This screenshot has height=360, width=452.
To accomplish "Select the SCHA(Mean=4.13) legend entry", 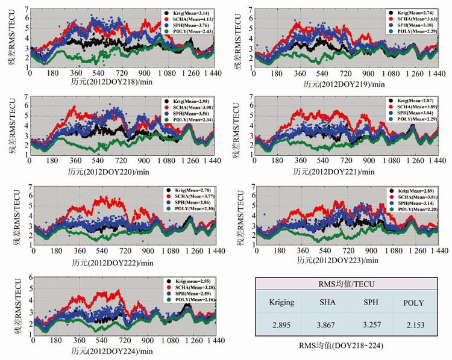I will click(x=185, y=19).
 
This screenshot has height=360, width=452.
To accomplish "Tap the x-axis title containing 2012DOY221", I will click(x=338, y=171).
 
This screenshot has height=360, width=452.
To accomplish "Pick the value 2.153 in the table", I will click(x=415, y=324).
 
